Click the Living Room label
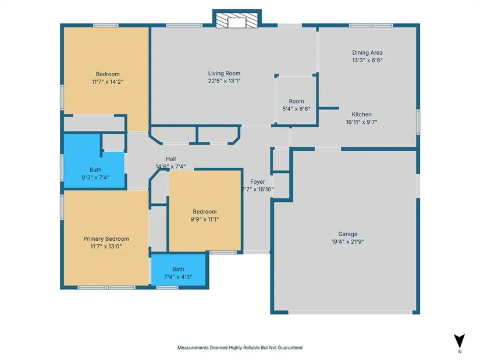224,73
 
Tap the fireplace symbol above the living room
237,21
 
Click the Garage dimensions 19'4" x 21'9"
348,241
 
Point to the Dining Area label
367,53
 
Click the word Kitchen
361,115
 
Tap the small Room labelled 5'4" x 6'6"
296,101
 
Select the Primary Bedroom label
106,239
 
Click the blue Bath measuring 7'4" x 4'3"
179,270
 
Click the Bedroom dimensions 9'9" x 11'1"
204,219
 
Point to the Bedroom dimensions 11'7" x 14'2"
108,82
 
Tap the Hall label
170,159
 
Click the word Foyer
257,182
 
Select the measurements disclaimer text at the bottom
240,347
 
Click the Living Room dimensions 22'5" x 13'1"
224,81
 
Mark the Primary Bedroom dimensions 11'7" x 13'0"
106,247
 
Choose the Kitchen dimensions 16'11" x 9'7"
361,122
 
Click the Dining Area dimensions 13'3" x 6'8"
367,60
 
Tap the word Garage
348,234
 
